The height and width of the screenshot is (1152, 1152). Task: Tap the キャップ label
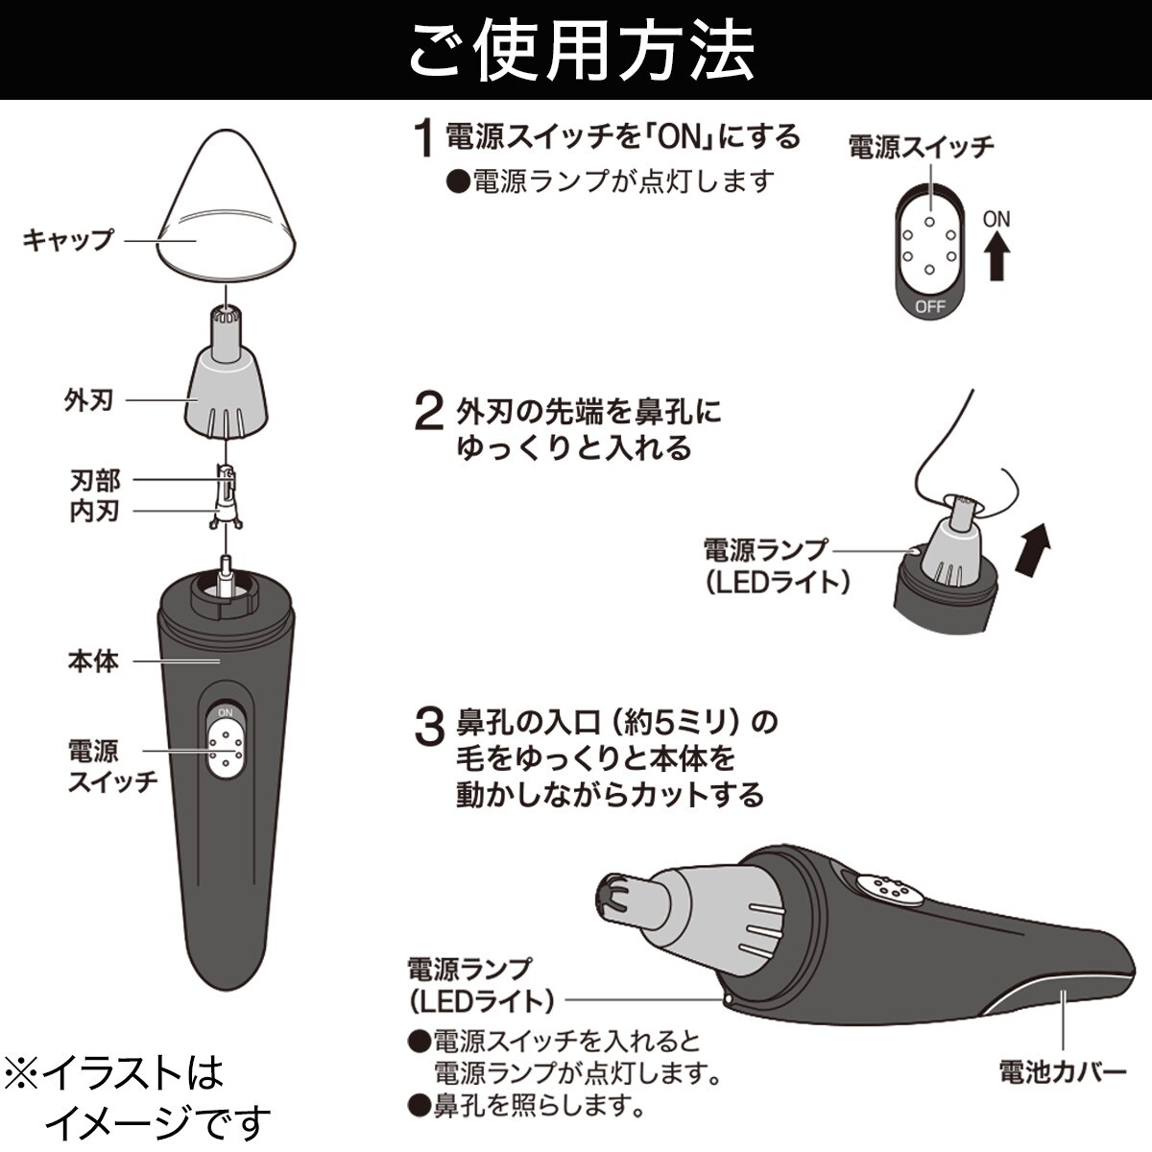(x=68, y=240)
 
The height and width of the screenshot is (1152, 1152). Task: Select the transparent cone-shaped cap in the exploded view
(x=227, y=206)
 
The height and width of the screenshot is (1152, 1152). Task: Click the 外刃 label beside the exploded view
(x=89, y=400)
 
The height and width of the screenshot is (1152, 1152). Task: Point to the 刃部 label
(x=95, y=479)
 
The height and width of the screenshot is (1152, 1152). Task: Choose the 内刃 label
(x=95, y=511)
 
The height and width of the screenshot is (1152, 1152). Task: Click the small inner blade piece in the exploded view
(x=226, y=497)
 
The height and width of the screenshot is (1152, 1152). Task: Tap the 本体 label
(x=93, y=661)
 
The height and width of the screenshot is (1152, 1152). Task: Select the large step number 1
(x=424, y=138)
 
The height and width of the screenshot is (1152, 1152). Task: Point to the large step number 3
(x=429, y=727)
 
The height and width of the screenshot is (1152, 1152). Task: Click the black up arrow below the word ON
(x=996, y=256)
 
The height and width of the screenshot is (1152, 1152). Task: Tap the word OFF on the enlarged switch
(x=929, y=306)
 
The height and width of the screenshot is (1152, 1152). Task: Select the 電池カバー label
(x=1063, y=1072)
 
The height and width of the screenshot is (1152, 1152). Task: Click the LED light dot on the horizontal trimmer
(x=728, y=999)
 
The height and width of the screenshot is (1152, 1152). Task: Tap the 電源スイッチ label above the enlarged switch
(x=922, y=147)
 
